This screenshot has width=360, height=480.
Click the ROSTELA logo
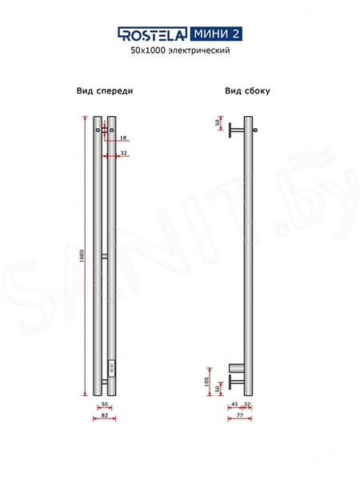152,34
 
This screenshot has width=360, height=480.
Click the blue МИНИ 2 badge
216,34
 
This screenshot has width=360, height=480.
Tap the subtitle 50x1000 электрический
180,50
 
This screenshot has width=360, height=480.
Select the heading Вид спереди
105,91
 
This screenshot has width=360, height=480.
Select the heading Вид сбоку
247,91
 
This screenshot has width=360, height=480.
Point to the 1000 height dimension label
82,256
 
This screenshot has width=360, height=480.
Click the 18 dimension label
123,138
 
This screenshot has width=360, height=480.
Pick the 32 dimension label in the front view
124,153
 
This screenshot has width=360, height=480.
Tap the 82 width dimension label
104,415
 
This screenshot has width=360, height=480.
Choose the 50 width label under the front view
104,404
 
